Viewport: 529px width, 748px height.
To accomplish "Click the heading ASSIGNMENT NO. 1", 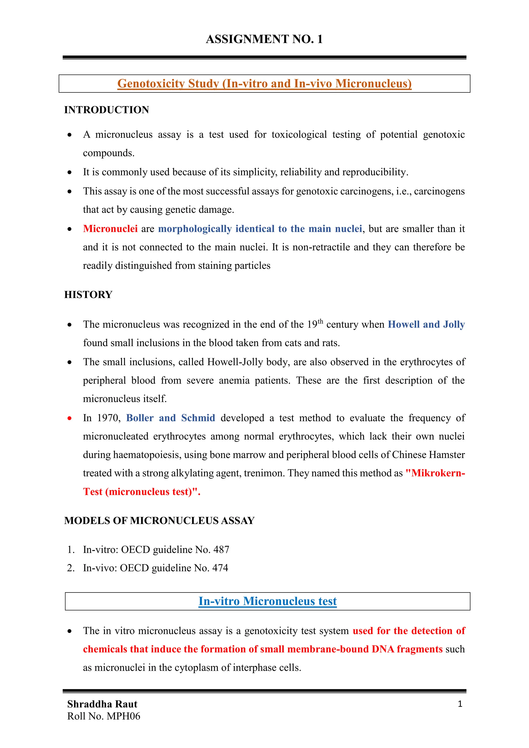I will point(264,39).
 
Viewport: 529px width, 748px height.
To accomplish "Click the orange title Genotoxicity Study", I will point(264,84).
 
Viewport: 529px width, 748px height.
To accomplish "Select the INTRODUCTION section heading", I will point(106,110).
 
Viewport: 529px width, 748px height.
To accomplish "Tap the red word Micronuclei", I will point(110,229).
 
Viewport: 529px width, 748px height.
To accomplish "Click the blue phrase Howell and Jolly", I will point(426,324).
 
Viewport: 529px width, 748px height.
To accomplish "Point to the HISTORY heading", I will point(88,294).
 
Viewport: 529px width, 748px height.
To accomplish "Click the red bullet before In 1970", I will point(69,418).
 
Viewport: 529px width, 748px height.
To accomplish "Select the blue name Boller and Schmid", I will point(170,418).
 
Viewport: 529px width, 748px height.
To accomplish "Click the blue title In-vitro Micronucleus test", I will point(267,601).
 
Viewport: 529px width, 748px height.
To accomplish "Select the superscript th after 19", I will point(320,322).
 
